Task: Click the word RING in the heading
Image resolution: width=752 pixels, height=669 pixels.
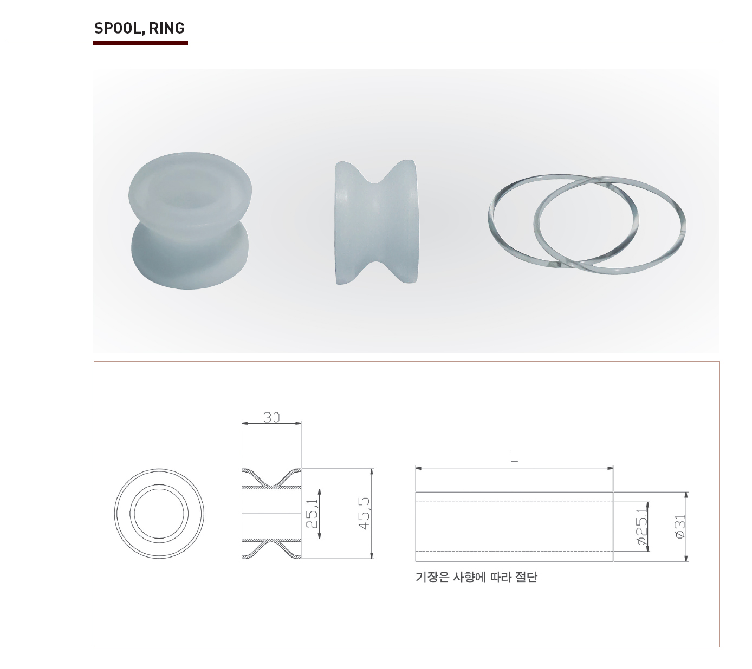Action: [167, 28]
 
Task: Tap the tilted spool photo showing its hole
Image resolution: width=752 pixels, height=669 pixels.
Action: [190, 220]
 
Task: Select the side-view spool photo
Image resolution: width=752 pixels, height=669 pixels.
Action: [375, 222]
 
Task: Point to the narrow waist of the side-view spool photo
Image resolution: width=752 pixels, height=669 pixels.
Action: [375, 222]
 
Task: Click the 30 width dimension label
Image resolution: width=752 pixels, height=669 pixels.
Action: [271, 417]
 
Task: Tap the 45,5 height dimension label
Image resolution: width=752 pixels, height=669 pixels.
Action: [365, 513]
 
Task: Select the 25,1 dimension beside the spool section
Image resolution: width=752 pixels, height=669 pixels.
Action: [312, 513]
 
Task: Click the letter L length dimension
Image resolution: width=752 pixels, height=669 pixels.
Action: [514, 456]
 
